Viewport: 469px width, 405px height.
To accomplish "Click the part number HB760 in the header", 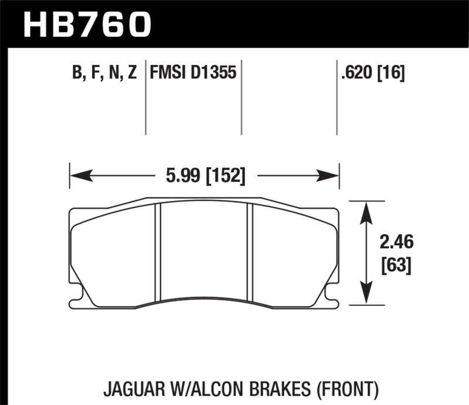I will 86,24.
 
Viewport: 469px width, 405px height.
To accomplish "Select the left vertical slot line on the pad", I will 157,252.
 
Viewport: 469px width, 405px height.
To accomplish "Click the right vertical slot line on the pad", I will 249,252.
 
